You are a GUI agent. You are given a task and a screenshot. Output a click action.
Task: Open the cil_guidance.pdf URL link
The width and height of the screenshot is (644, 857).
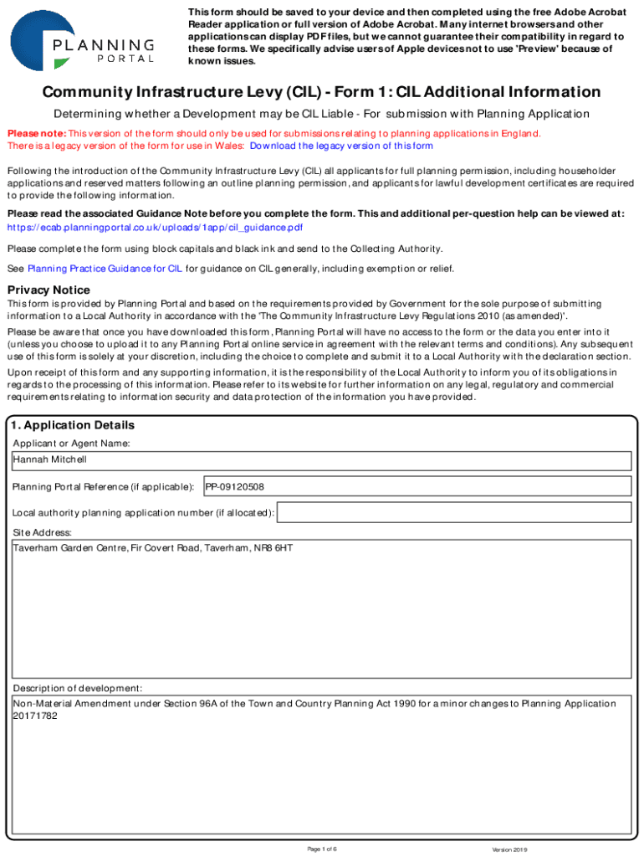tap(155, 227)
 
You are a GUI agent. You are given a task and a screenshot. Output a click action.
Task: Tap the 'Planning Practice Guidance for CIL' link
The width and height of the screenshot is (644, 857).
tap(105, 269)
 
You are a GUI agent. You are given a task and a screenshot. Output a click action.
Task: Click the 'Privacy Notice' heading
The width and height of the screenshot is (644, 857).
tap(49, 290)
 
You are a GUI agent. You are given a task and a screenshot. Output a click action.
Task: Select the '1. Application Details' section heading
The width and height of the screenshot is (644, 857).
tap(74, 425)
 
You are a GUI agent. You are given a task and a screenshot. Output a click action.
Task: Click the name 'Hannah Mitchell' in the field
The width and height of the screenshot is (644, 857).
tap(49, 459)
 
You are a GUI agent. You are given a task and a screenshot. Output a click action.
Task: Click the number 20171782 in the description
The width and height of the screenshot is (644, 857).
tap(35, 716)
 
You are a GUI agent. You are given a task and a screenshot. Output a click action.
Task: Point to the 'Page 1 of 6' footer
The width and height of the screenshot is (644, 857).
tap(322, 849)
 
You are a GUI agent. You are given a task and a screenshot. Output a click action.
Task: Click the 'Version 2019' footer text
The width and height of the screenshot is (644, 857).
tap(509, 849)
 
